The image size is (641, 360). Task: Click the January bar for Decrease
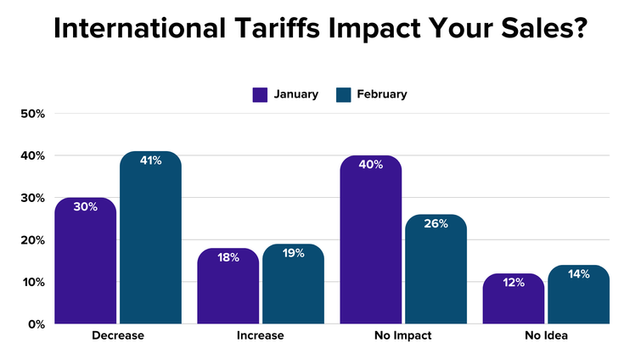click(86, 263)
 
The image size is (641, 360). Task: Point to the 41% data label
click(150, 160)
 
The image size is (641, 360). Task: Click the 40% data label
click(371, 165)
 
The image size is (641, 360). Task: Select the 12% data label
click(514, 283)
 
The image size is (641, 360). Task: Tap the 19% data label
click(293, 253)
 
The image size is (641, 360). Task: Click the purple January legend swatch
click(261, 94)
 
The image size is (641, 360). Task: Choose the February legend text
click(382, 94)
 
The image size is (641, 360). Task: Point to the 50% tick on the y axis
click(32, 114)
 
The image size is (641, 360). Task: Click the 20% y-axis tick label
click(32, 239)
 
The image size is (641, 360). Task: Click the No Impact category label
click(403, 336)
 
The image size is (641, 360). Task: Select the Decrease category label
click(118, 336)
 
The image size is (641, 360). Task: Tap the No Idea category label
click(546, 336)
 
